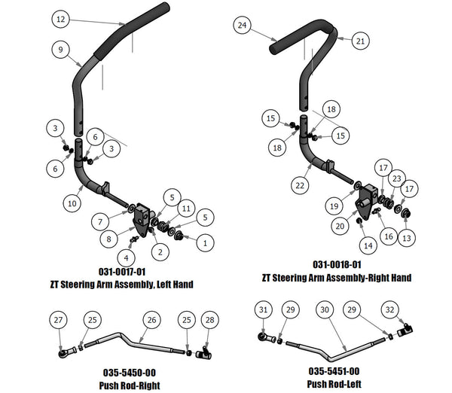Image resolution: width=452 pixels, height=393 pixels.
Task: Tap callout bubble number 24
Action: tap(242, 26)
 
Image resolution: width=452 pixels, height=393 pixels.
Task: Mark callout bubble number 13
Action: tap(406, 238)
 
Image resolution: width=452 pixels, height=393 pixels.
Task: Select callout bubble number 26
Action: tap(152, 321)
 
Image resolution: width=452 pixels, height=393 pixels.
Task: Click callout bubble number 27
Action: tap(58, 321)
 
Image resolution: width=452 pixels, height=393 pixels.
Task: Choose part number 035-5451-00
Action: tap(333, 371)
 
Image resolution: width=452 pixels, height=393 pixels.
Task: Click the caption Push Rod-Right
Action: tap(129, 384)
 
